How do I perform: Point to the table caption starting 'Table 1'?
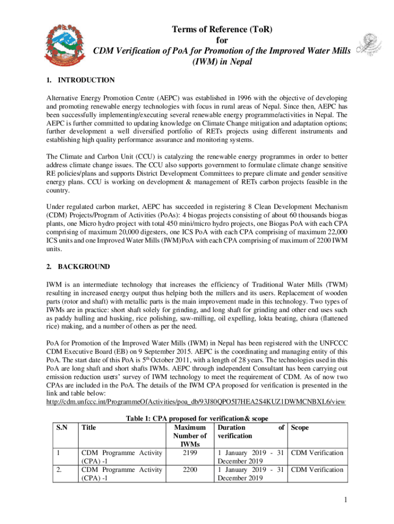197,419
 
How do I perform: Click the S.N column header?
61,428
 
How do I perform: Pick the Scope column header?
300,428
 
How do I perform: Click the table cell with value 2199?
190,453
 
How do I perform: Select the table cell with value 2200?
190,470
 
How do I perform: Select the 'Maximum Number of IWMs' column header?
190,436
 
